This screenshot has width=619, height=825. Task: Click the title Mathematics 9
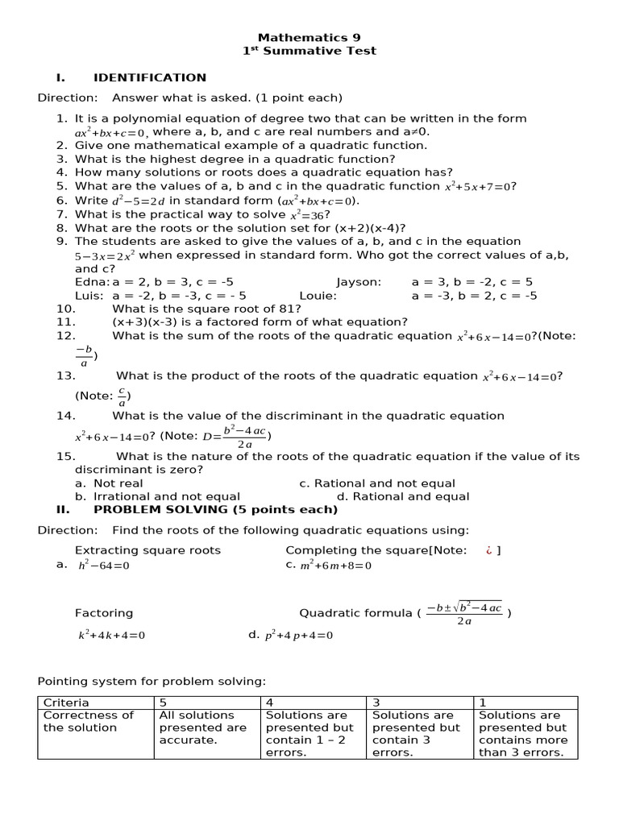coord(309,38)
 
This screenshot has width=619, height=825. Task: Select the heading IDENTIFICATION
coord(150,78)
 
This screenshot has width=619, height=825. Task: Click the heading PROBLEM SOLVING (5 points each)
coord(215,510)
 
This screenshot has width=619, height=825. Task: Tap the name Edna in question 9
coord(91,283)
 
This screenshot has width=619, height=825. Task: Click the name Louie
coord(318,296)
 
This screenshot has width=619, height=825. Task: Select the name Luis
coord(88,296)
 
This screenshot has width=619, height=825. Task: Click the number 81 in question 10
coord(286,309)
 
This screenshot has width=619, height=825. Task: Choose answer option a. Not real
coord(109,484)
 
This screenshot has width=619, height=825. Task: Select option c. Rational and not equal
coord(377,484)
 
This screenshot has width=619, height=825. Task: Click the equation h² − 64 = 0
coord(103,566)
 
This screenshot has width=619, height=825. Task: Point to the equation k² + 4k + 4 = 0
coord(111,635)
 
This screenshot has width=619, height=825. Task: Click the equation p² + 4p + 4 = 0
coord(298,635)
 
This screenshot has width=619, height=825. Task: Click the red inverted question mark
coord(488,550)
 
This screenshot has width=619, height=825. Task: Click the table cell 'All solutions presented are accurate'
coord(207,727)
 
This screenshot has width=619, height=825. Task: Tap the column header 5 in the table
coord(164,703)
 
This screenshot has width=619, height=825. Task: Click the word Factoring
coord(104,613)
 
